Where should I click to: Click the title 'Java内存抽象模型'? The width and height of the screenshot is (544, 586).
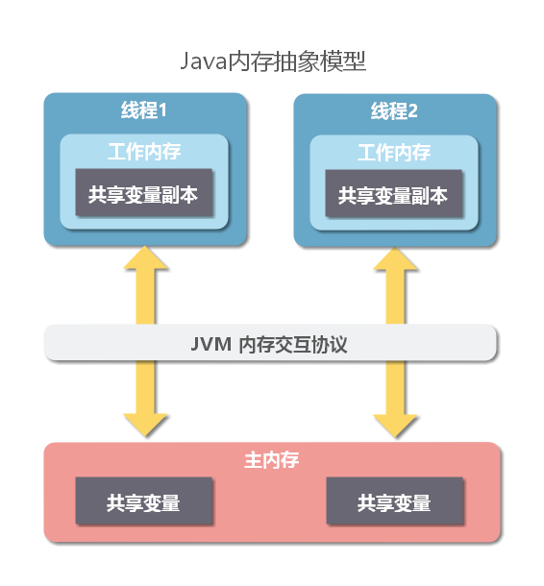pos(273,61)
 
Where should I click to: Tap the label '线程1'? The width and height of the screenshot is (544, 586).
pos(144,110)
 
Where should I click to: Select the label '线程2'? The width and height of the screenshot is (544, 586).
pos(394,111)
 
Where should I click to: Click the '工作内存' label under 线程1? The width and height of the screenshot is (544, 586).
pos(144,152)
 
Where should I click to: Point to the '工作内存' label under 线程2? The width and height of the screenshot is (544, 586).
pos(394,153)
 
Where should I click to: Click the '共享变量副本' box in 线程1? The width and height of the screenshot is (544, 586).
pos(144,192)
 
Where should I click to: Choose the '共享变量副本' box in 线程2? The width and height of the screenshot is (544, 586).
pos(394,194)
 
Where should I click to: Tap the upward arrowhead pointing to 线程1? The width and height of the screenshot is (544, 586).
pos(145,257)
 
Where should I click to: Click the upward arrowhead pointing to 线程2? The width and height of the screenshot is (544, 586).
pos(395,258)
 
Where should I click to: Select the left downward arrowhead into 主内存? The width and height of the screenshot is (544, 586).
pos(145,425)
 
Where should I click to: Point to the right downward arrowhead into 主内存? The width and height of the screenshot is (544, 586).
pos(395,426)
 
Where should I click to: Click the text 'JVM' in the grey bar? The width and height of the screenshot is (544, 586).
pos(210,344)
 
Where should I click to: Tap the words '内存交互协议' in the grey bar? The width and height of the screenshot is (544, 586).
pos(293,344)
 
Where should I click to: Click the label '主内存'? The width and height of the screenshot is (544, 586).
pos(272,460)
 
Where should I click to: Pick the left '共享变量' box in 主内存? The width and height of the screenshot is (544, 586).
pos(144,501)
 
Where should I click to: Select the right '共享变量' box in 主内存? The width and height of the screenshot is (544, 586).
pos(395,501)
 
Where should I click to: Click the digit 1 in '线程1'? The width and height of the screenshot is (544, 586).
pos(162,110)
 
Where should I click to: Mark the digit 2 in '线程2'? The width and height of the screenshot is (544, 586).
pos(412,111)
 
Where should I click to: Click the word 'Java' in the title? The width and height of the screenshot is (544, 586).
pos(204,61)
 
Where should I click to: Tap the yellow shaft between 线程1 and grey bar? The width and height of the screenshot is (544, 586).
pos(145,297)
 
